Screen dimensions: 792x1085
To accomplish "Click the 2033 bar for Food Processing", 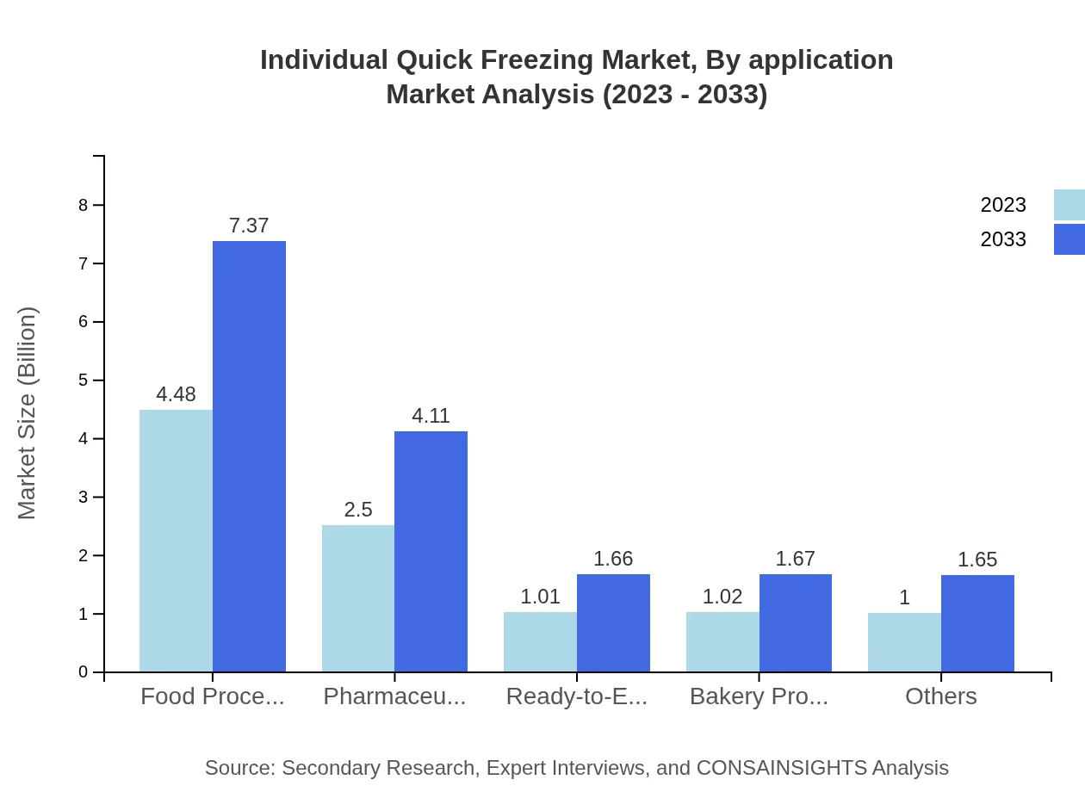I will (x=249, y=456).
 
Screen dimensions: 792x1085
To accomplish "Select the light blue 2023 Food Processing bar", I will (x=176, y=541).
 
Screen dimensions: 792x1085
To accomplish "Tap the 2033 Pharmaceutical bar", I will (x=431, y=551).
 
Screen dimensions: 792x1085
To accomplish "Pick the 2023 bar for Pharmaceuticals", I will (x=358, y=598).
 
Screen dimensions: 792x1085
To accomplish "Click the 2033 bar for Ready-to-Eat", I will (x=613, y=622).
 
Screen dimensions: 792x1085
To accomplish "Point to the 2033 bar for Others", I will (x=977, y=623).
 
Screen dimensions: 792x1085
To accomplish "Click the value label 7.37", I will (x=249, y=226).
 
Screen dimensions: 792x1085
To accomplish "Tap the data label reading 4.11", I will (x=431, y=416).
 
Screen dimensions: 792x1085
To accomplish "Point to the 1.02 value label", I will (x=722, y=597).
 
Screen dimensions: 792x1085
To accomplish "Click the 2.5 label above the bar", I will (x=358, y=510).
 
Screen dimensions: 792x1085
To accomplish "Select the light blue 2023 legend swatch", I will (x=1069, y=205).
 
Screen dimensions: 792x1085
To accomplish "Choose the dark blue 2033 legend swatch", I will (x=1069, y=239).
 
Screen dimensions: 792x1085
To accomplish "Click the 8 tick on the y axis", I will (x=84, y=205).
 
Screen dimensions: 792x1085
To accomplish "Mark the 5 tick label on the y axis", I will (x=84, y=381).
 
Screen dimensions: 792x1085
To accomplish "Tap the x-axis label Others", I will (x=940, y=696).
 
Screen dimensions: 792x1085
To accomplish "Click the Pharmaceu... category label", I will (x=394, y=696).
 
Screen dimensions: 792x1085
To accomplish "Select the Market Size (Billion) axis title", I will (x=28, y=413).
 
